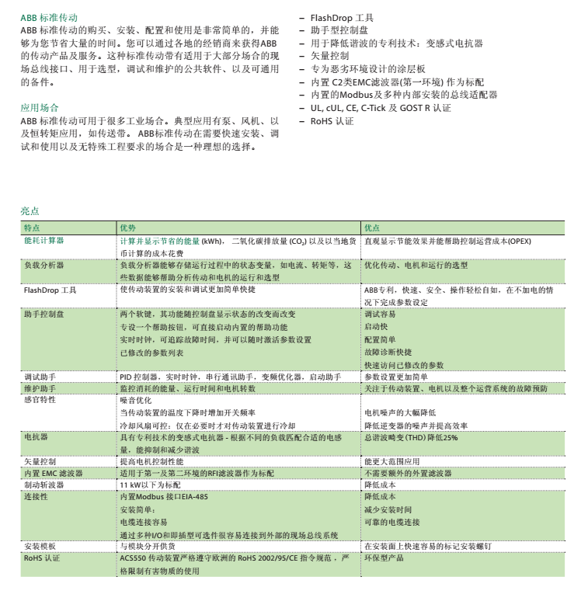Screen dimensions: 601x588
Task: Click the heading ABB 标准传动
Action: (49, 17)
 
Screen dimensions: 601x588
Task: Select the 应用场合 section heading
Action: (40, 107)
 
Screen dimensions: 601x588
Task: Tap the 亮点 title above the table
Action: (30, 211)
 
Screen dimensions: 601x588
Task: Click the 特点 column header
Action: (32, 228)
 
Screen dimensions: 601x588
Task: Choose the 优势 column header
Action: (127, 228)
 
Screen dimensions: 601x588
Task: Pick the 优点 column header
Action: (372, 228)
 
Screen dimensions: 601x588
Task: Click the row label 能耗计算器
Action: (44, 241)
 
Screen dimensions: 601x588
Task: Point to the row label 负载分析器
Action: (44, 266)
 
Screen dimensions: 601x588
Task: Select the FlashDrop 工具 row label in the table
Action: (50, 290)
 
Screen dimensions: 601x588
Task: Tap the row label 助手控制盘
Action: (44, 314)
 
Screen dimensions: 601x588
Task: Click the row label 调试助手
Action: (40, 377)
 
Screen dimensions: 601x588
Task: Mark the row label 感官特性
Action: (40, 400)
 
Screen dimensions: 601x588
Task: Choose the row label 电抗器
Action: (36, 438)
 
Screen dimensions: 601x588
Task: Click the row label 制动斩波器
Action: (44, 485)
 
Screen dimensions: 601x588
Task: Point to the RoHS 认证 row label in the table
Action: (42, 558)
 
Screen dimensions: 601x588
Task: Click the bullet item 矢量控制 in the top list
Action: (329, 56)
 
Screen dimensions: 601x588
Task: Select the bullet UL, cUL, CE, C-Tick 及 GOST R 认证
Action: (381, 108)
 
